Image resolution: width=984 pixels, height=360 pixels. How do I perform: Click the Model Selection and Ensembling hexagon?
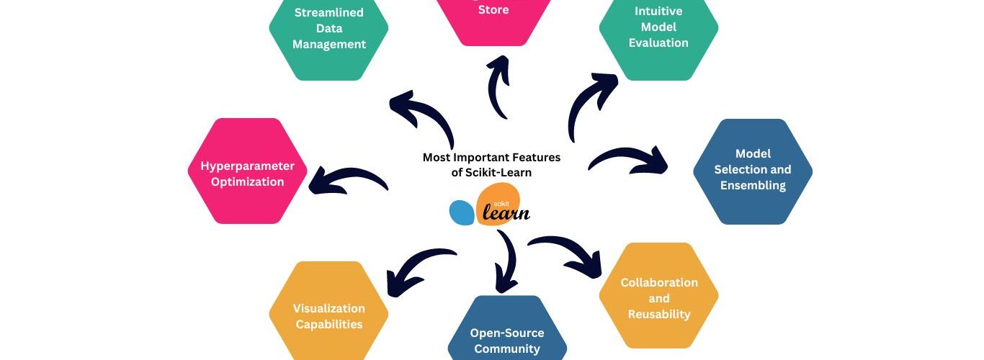tap(752, 171)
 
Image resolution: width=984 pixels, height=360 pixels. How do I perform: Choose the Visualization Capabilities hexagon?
tap(328, 315)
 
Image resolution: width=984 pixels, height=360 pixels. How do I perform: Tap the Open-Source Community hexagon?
tap(506, 337)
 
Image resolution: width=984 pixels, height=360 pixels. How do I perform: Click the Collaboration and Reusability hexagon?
tap(658, 297)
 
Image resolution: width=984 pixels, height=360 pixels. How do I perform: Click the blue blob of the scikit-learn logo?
tap(461, 212)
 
